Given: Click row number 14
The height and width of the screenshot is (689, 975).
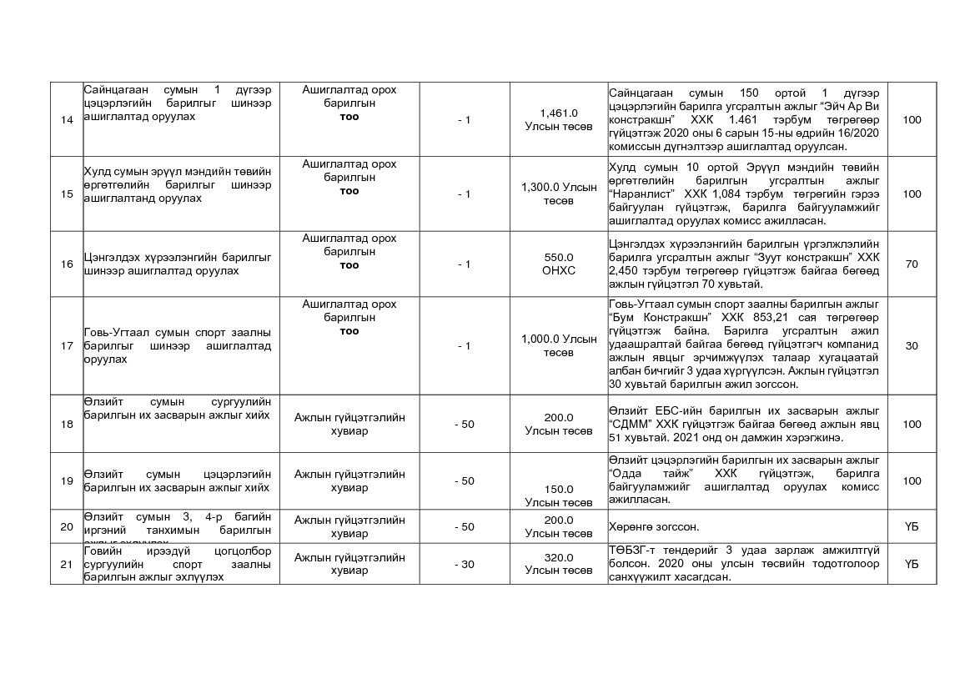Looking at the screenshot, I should (x=67, y=120).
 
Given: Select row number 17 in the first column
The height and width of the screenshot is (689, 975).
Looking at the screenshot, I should (x=67, y=346).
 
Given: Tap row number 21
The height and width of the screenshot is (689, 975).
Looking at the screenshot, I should (x=67, y=565).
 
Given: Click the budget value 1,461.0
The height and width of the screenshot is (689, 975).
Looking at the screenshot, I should (x=559, y=113).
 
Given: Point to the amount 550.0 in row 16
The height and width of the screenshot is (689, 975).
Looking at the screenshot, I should (x=559, y=258).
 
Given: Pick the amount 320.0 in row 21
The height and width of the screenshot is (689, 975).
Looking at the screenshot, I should (x=559, y=558).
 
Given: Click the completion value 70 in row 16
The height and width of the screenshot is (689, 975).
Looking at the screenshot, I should (x=912, y=264).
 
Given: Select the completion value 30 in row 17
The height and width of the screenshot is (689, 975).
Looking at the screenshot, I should (x=912, y=346).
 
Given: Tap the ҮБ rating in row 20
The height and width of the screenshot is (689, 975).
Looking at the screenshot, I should (x=912, y=526).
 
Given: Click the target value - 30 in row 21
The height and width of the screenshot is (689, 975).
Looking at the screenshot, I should (x=465, y=565).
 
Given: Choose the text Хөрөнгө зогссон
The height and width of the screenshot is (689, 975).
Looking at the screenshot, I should (x=654, y=526).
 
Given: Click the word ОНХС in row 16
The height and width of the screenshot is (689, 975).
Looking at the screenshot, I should (x=559, y=271).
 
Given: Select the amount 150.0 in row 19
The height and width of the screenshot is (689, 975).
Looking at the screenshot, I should (x=559, y=490).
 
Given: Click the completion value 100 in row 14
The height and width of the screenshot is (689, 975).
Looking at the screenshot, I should (x=912, y=120).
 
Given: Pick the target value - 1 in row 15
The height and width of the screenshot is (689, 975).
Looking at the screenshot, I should (x=465, y=194).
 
